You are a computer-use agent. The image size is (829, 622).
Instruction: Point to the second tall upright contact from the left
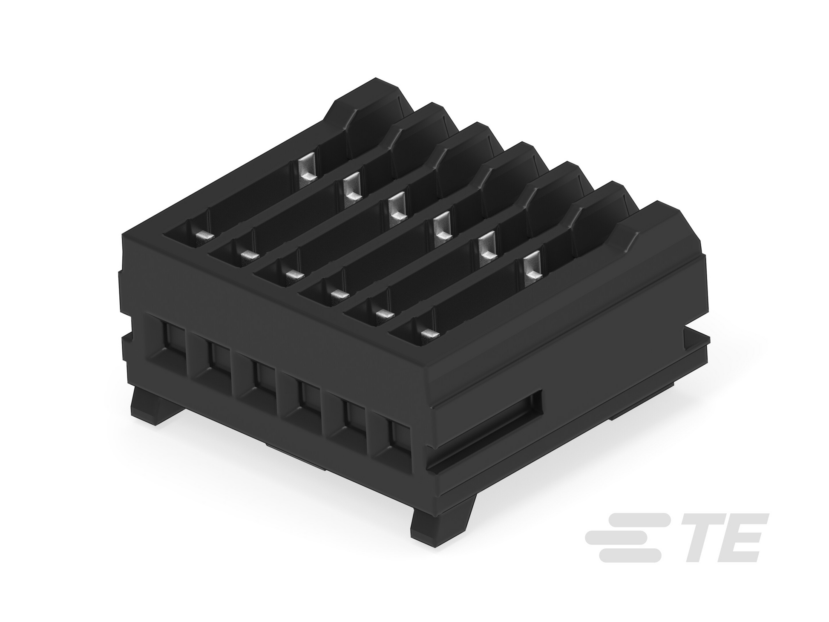point(352,190)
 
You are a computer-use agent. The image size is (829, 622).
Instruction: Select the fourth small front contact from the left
point(339,294)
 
